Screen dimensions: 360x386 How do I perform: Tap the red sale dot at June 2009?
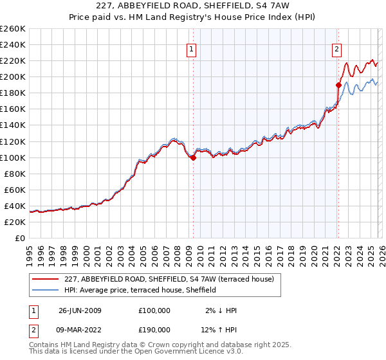point(193,157)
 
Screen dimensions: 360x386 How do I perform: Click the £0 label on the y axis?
point(19,238)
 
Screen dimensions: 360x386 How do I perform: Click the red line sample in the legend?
point(45,279)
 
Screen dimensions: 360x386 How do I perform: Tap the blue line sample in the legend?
point(45,290)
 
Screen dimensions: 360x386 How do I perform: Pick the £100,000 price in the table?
point(154,310)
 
